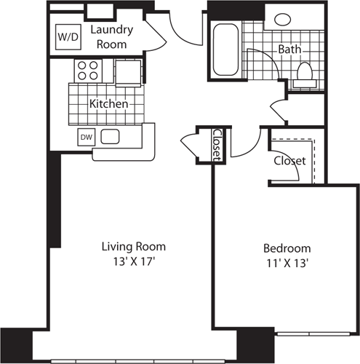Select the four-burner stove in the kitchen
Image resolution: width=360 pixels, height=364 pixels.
pos(89,70)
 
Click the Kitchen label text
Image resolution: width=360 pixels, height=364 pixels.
pos(108,104)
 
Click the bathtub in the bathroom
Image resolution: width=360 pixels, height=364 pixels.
pos(224,50)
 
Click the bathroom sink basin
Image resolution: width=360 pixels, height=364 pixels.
pos(279,20)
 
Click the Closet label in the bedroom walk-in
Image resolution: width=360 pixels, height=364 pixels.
pos(289,160)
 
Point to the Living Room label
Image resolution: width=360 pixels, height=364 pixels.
pos(133,246)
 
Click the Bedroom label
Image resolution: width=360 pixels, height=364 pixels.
pos(287,248)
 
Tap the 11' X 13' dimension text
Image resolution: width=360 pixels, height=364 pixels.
pos(287,264)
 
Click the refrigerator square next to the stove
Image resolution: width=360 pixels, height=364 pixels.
pos(128,71)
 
